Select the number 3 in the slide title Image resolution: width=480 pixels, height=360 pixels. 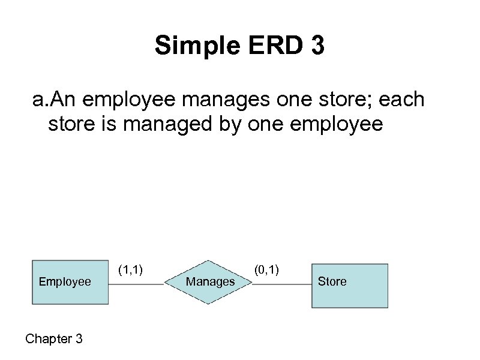(317, 46)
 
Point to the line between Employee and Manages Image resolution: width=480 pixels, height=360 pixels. (136, 283)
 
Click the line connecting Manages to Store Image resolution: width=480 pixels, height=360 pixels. (281, 283)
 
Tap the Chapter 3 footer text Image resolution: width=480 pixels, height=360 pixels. (54, 339)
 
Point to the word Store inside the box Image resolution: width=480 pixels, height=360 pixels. (332, 281)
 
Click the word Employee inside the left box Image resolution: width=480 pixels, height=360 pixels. (64, 281)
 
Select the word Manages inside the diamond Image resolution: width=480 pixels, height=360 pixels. (210, 281)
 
